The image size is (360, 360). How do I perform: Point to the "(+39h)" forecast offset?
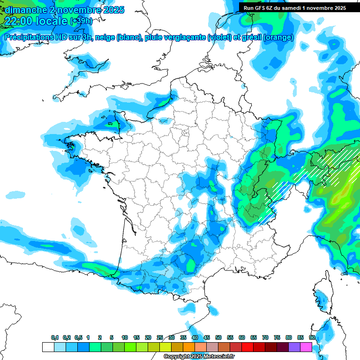click(81, 21)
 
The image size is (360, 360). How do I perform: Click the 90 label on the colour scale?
click(312, 337)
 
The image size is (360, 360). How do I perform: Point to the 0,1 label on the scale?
click(55, 337)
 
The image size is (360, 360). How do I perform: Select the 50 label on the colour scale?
click(218, 337)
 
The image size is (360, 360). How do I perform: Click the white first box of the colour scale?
click(48, 347)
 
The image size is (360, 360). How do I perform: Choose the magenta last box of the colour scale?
click(306, 347)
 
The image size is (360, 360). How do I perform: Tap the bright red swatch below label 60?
click(247, 347)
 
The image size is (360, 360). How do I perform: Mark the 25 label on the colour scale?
click(160, 337)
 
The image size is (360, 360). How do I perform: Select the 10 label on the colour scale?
click(125, 337)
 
